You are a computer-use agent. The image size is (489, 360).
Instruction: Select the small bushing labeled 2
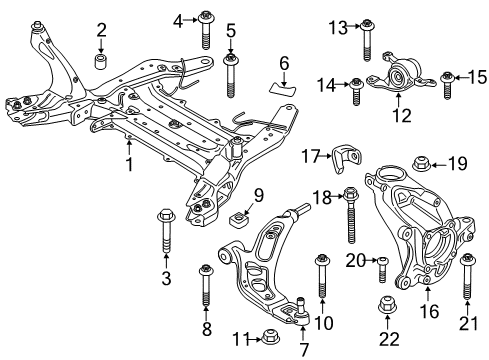click(101, 64)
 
